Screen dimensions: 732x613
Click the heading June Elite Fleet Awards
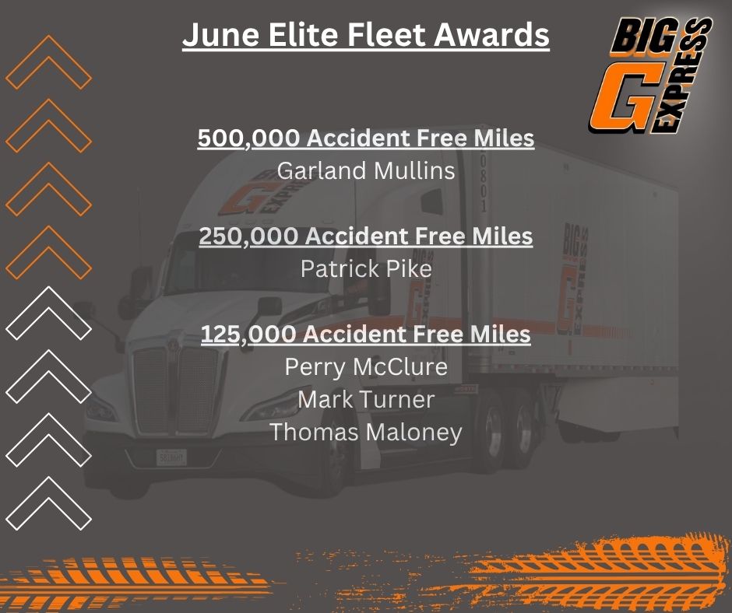(x=365, y=36)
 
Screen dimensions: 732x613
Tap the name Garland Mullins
(x=365, y=170)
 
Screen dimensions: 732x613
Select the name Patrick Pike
(x=366, y=268)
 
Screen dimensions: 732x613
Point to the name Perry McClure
(x=366, y=366)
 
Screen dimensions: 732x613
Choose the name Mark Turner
(x=366, y=400)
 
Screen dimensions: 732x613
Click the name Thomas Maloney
(x=365, y=432)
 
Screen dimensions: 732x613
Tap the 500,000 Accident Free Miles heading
(x=366, y=138)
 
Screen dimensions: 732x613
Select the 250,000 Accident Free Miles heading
(x=366, y=236)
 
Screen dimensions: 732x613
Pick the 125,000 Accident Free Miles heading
(x=366, y=335)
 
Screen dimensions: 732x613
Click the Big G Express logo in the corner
(x=650, y=75)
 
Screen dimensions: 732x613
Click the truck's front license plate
(x=171, y=457)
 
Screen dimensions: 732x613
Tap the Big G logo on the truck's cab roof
(x=262, y=194)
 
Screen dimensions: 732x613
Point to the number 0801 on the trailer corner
(x=484, y=184)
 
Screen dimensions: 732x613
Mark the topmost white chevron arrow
(x=48, y=314)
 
